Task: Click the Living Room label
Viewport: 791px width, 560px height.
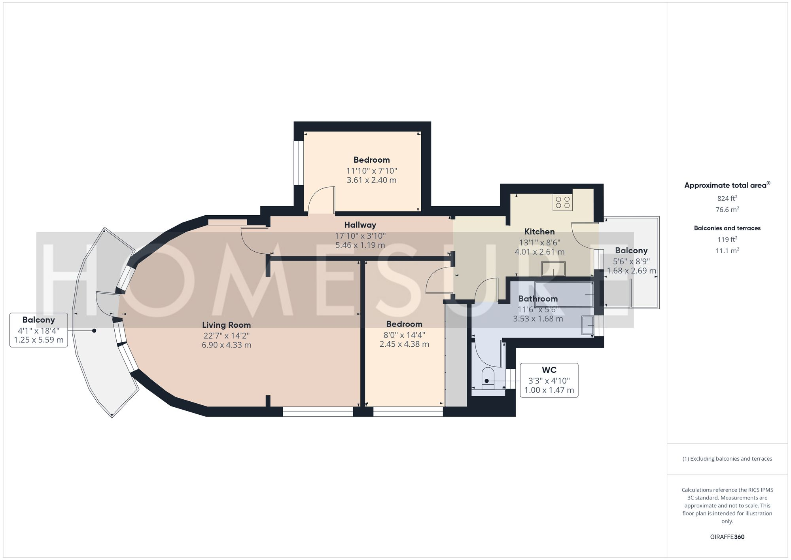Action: point(226,325)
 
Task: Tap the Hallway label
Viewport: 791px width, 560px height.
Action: point(360,225)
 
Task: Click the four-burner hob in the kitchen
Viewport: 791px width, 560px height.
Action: point(562,202)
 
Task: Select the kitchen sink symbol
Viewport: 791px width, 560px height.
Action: point(553,269)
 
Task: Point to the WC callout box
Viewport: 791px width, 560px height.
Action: point(549,380)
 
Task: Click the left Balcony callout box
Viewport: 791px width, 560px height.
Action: point(39,330)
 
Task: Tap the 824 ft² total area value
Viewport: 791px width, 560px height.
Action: point(727,199)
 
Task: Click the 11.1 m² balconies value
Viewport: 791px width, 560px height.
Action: point(727,251)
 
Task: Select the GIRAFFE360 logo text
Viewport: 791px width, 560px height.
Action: point(727,537)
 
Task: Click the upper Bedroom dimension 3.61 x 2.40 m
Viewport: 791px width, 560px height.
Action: point(371,180)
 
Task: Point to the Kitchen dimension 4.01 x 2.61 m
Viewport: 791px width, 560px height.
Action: point(539,252)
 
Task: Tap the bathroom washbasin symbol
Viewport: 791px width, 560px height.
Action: point(588,325)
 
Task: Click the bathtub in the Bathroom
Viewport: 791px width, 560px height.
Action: point(564,294)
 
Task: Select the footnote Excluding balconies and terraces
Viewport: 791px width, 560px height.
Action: point(727,459)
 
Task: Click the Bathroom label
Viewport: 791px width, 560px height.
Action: point(538,299)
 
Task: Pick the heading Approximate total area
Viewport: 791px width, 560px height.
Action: point(727,185)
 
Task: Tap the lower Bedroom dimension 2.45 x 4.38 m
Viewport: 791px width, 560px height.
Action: point(404,344)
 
